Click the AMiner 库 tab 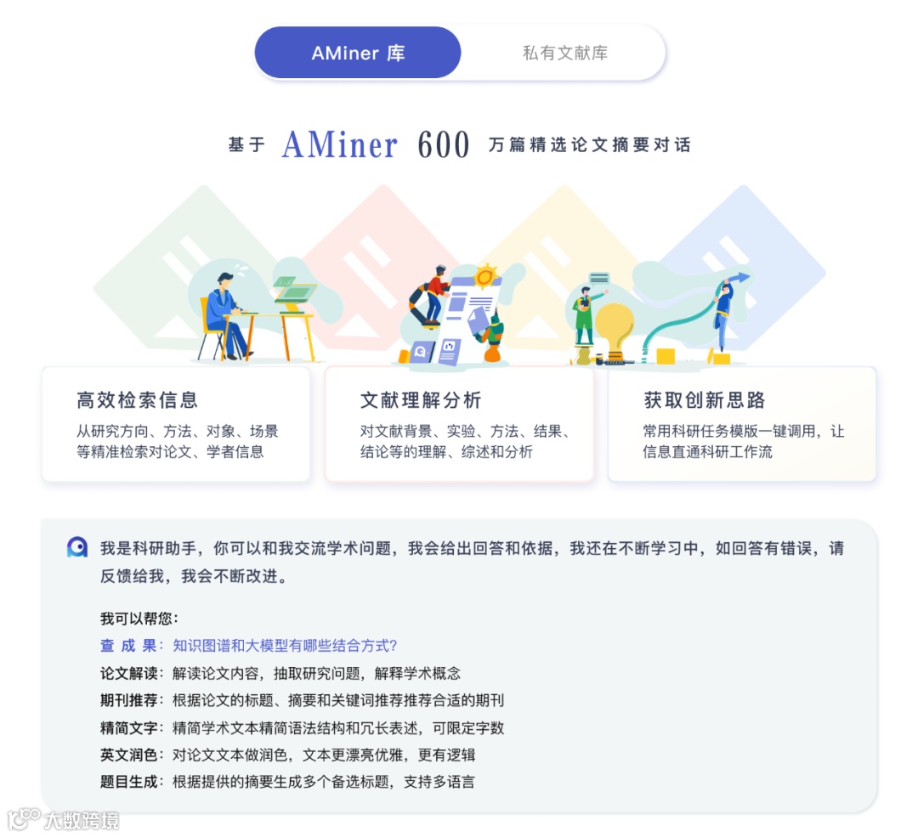[358, 53]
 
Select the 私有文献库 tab [564, 53]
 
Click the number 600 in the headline [443, 145]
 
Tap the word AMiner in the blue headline [339, 145]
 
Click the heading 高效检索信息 [137, 399]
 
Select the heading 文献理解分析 [421, 399]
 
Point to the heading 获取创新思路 [705, 399]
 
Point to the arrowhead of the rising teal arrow [744, 277]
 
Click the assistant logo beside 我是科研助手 [77, 547]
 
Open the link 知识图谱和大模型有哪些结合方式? [286, 646]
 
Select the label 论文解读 [128, 673]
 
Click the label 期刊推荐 [128, 700]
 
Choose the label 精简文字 [128, 727]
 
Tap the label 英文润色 [128, 755]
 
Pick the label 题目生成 [128, 782]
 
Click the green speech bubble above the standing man [598, 278]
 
